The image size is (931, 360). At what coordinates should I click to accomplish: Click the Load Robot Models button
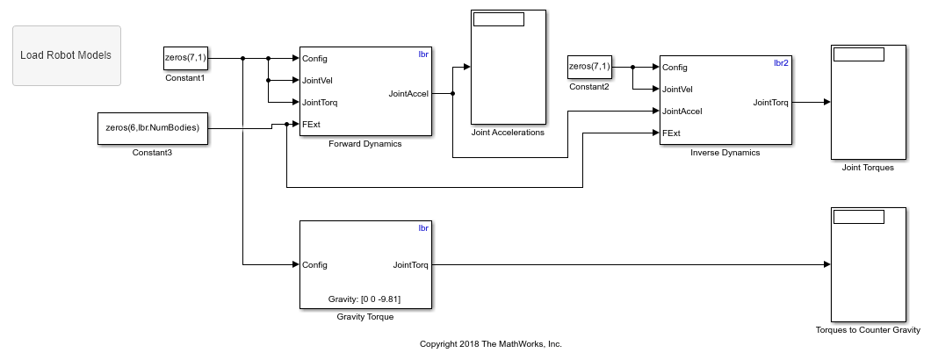(x=67, y=55)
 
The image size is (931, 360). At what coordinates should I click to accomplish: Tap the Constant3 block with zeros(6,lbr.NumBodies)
(x=153, y=128)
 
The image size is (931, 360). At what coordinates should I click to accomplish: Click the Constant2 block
(x=589, y=67)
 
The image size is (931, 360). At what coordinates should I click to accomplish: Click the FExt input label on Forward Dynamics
(x=311, y=124)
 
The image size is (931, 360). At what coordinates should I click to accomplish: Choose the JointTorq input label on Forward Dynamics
(x=320, y=103)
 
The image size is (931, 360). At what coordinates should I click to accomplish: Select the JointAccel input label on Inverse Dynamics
(x=682, y=112)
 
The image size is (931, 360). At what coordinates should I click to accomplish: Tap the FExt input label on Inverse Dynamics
(x=672, y=133)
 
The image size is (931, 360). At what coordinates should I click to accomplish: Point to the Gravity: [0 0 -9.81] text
(x=365, y=299)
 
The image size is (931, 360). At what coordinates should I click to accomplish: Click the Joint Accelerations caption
(x=509, y=133)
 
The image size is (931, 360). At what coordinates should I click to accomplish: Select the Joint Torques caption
(x=867, y=168)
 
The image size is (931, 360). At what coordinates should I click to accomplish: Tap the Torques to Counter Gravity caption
(x=867, y=331)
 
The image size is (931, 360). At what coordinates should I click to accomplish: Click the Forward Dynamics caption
(x=364, y=144)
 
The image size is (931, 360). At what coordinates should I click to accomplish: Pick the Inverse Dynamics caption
(x=725, y=153)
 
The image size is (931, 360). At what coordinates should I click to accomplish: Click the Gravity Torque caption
(x=364, y=317)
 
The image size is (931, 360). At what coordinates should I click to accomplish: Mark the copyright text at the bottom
(x=491, y=344)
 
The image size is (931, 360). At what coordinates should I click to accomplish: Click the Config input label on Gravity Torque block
(x=315, y=264)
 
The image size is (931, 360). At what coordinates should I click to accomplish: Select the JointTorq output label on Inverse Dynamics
(x=770, y=103)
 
